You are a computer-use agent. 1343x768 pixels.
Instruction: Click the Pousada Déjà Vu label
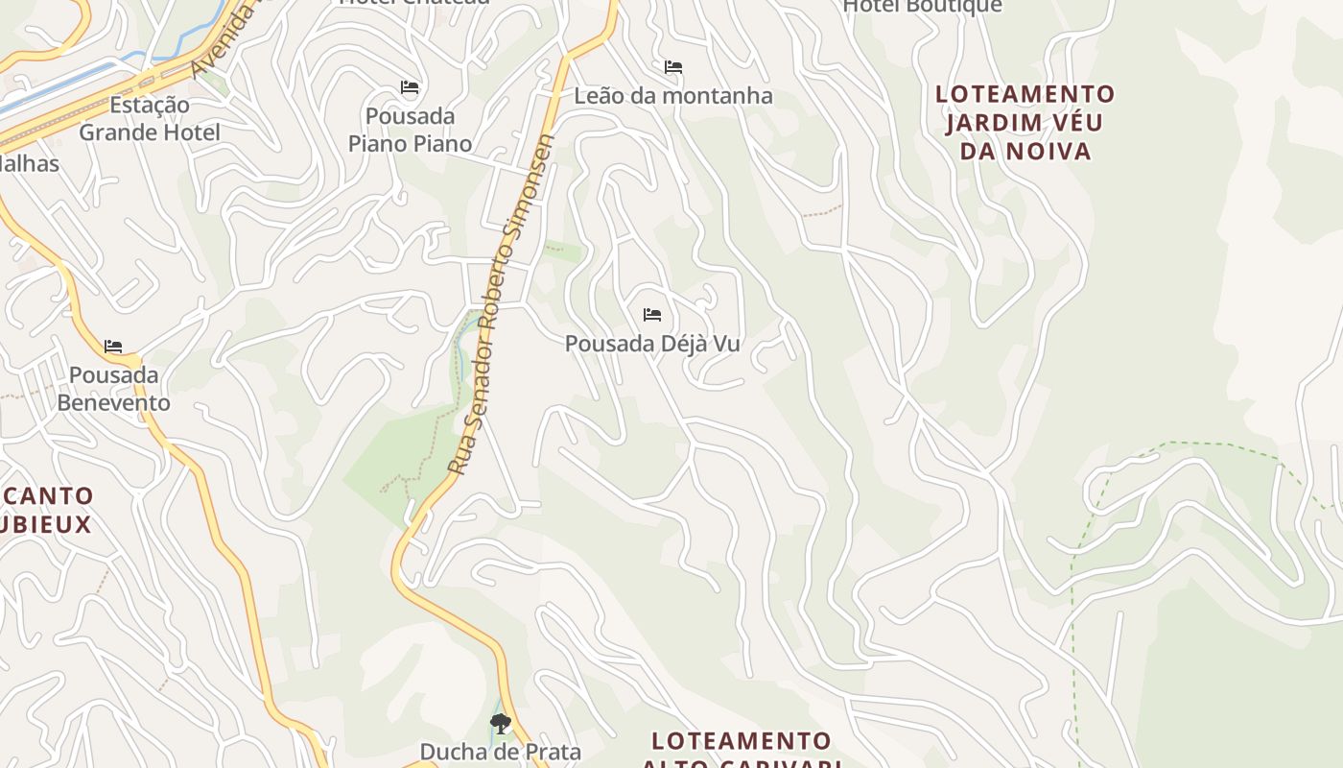click(652, 343)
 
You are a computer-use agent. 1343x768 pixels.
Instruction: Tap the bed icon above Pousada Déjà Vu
click(652, 314)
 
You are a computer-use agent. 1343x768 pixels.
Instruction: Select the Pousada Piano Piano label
click(410, 130)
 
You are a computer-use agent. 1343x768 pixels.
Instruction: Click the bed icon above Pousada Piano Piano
click(410, 87)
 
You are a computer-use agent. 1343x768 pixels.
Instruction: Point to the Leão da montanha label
click(673, 96)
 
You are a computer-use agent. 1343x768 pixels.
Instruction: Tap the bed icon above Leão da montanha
click(673, 67)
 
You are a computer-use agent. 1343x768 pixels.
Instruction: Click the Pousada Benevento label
click(113, 388)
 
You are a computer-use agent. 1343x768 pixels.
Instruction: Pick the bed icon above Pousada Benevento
click(113, 346)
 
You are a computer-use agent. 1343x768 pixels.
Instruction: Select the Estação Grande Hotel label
click(149, 118)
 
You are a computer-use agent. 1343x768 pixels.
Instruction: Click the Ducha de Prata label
click(500, 751)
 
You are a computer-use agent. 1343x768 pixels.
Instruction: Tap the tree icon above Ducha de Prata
click(500, 723)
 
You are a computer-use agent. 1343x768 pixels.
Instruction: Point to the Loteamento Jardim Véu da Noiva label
click(1025, 122)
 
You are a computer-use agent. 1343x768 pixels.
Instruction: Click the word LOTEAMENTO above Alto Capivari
click(741, 741)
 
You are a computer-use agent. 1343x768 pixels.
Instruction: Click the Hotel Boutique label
click(922, 6)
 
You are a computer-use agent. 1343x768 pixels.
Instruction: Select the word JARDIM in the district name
click(991, 123)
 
